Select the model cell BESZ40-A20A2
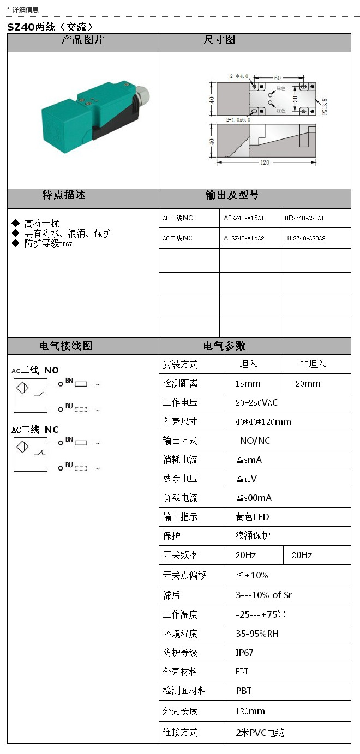click(x=305, y=238)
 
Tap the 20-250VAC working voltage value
click(x=256, y=402)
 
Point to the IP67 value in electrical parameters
click(x=244, y=653)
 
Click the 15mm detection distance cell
click(x=248, y=383)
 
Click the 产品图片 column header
click(x=82, y=40)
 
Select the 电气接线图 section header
click(x=66, y=346)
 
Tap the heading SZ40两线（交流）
click(x=51, y=27)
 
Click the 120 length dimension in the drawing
click(x=265, y=162)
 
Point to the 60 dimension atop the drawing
click(x=277, y=78)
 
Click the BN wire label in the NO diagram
click(x=69, y=380)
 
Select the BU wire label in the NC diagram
click(x=69, y=465)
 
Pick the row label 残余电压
click(x=180, y=479)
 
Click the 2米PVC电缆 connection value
click(x=260, y=733)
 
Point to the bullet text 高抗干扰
click(x=41, y=224)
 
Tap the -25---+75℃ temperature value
click(x=260, y=614)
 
